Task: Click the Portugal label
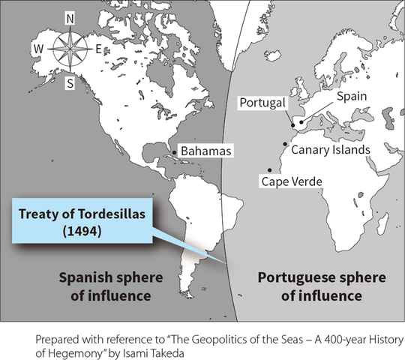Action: coord(259,103)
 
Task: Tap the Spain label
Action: coord(351,97)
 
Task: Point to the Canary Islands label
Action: coord(330,149)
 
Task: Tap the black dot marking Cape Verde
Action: coord(269,170)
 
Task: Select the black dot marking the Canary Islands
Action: coord(285,143)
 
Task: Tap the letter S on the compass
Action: coord(70,83)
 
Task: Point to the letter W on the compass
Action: coord(36,50)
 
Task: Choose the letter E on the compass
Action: coord(99,50)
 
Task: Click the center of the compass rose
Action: coord(70,50)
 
